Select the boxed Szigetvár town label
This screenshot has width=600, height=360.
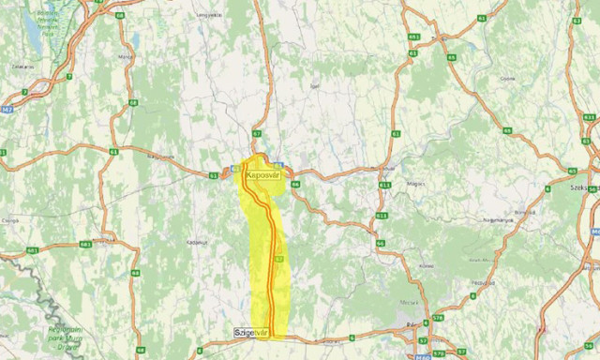(251, 333)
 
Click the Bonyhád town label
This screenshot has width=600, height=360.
(522, 213)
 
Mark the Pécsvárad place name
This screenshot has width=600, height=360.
(483, 281)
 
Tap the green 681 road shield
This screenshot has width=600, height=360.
(33, 250)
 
